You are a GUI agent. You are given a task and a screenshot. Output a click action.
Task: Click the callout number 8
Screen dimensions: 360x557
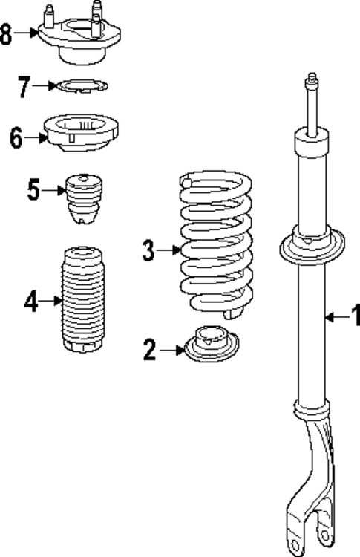coord(6,34)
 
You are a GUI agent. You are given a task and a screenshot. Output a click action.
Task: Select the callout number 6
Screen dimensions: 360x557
coord(16,138)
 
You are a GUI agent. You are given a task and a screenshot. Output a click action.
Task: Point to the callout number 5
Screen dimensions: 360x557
coord(33,190)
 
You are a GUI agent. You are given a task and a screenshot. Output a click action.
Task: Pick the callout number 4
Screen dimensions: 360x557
coord(31,302)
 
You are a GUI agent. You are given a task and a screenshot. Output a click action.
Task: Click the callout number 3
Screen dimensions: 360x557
coord(148,250)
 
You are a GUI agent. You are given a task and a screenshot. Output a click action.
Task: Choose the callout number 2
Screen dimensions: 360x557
coord(150,351)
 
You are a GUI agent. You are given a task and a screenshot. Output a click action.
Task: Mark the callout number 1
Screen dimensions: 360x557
coord(356,315)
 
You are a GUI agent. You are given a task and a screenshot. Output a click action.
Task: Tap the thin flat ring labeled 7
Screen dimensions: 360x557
coord(82,85)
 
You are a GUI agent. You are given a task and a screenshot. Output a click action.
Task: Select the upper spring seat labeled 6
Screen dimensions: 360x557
coord(81,133)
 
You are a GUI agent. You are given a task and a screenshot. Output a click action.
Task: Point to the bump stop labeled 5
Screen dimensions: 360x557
coord(83,198)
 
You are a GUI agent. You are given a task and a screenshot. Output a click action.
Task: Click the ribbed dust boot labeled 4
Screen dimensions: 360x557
coord(83,299)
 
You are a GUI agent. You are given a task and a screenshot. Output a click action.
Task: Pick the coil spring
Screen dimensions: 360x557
coord(217,244)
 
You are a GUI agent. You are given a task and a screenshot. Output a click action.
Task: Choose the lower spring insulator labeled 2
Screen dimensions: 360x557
coord(212,344)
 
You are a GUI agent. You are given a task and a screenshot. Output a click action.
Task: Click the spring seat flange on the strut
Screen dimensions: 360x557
coord(312,247)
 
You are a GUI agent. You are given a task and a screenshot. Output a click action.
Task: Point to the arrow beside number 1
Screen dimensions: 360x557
coord(337,317)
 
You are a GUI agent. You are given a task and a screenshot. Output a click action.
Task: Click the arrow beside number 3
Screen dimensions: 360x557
coord(169,250)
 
